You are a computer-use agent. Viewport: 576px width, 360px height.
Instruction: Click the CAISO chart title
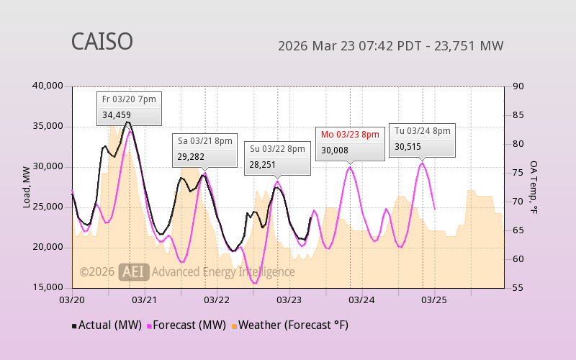102,42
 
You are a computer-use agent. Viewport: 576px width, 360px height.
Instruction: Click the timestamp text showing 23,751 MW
390,46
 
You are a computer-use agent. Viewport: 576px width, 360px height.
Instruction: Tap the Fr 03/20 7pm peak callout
129,107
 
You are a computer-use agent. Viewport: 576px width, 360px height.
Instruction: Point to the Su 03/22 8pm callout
277,157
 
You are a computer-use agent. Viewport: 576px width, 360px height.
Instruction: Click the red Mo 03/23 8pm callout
350,142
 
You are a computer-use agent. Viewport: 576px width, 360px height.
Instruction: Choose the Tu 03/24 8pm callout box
422,138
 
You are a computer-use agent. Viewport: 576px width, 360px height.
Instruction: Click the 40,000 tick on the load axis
49,86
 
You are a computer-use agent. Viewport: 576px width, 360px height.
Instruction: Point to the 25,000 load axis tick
49,207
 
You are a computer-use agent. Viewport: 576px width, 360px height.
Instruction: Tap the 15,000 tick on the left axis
49,287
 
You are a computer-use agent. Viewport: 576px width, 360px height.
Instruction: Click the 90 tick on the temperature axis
517,86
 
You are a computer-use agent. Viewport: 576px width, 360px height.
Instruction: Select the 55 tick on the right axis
517,287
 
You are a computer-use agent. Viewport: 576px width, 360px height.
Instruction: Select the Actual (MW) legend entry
107,325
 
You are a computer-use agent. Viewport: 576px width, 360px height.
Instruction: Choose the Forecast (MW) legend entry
186,325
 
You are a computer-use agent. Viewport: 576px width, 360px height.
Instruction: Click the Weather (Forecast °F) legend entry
289,325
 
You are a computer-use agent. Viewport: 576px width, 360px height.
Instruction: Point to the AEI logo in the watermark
134,271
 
